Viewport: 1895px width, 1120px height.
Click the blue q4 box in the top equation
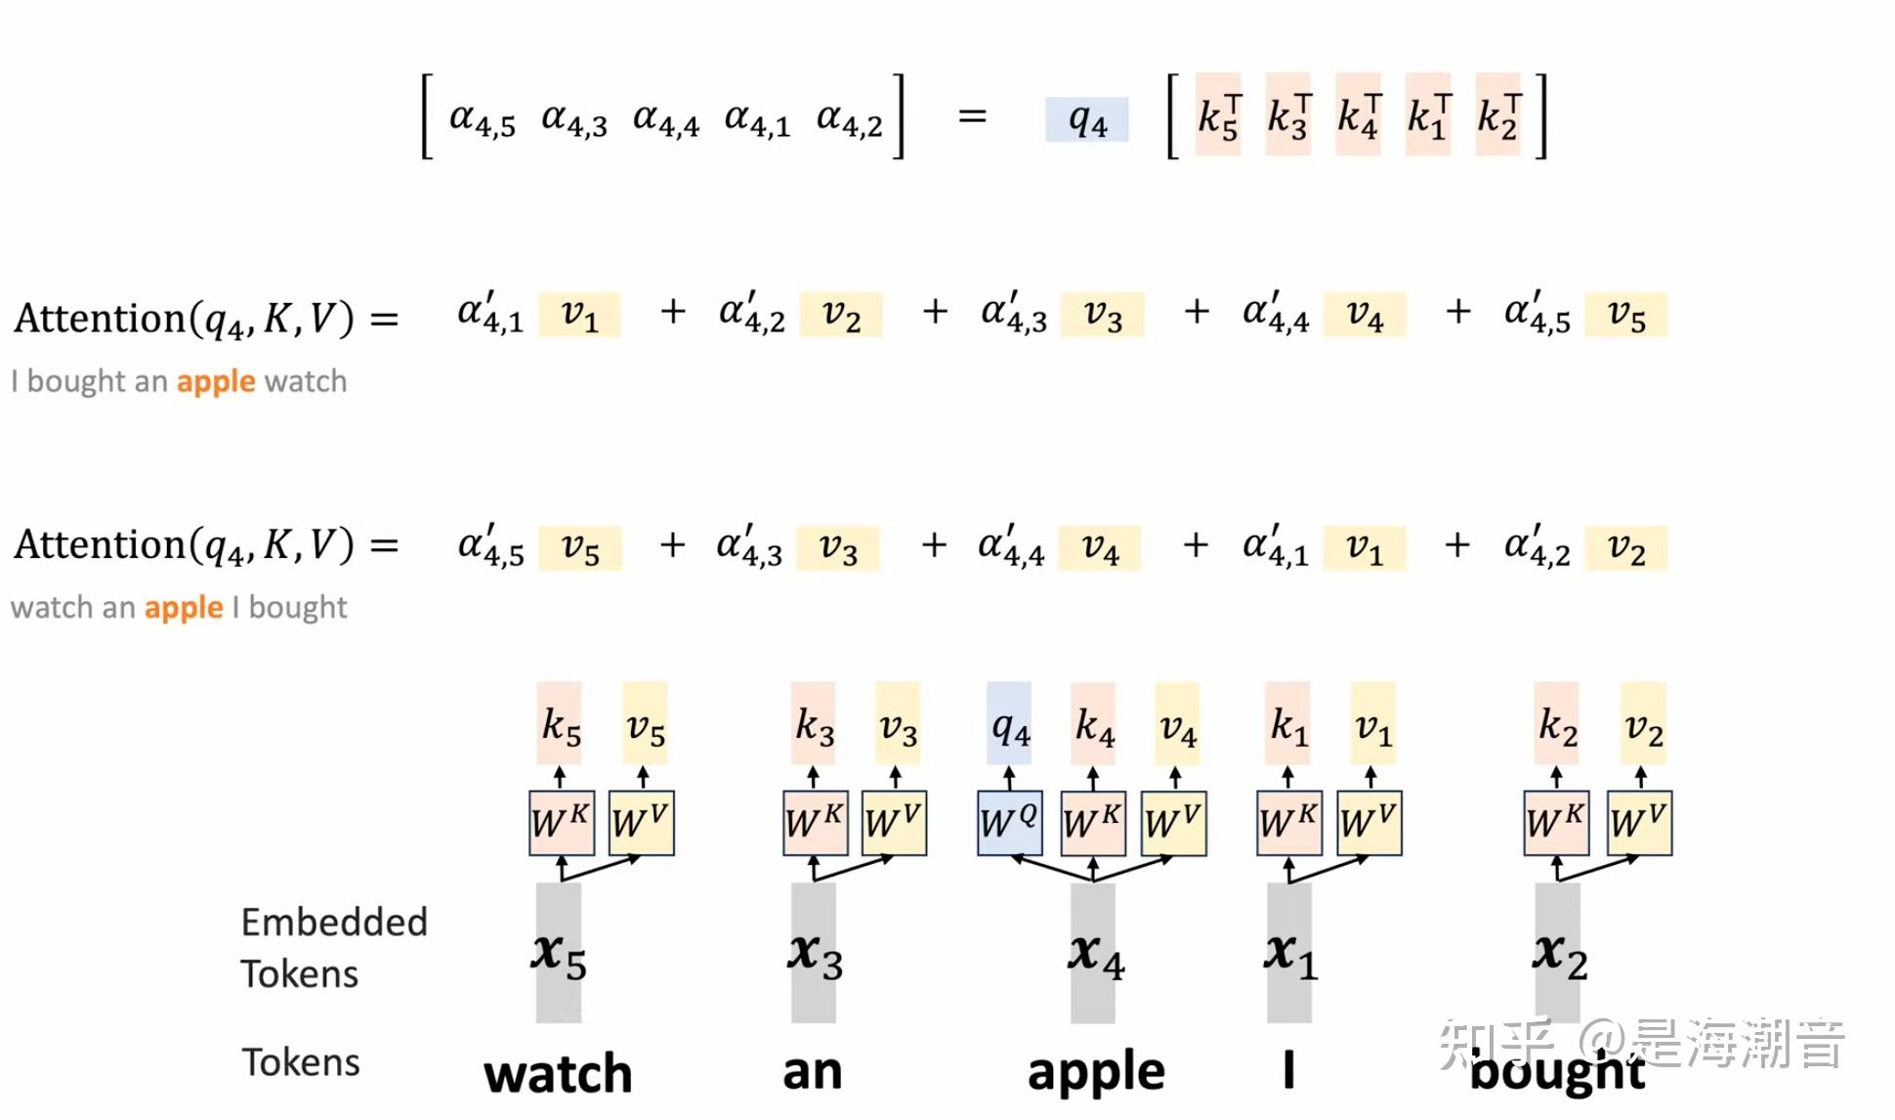coord(1086,119)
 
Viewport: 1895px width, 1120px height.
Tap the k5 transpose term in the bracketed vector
coord(1218,115)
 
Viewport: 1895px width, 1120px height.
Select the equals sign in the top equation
coord(972,116)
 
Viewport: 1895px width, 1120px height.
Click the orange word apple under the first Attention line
coord(216,381)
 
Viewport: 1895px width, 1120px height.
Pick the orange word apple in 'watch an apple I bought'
coord(184,608)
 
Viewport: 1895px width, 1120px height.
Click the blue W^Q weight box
coord(1009,823)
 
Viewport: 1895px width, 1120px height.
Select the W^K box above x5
coord(561,823)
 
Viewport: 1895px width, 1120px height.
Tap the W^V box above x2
coord(1640,823)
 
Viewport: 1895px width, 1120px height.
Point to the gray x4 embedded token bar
coord(1093,953)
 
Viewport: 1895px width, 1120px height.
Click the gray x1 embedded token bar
coord(1288,953)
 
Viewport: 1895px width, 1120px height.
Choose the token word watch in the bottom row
coord(558,1073)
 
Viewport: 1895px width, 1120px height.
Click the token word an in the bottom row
coord(812,1071)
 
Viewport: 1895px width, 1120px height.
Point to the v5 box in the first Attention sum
coord(1625,315)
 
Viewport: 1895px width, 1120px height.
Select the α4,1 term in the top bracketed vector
coord(756,119)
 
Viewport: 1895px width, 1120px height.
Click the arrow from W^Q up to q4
coord(1009,778)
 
